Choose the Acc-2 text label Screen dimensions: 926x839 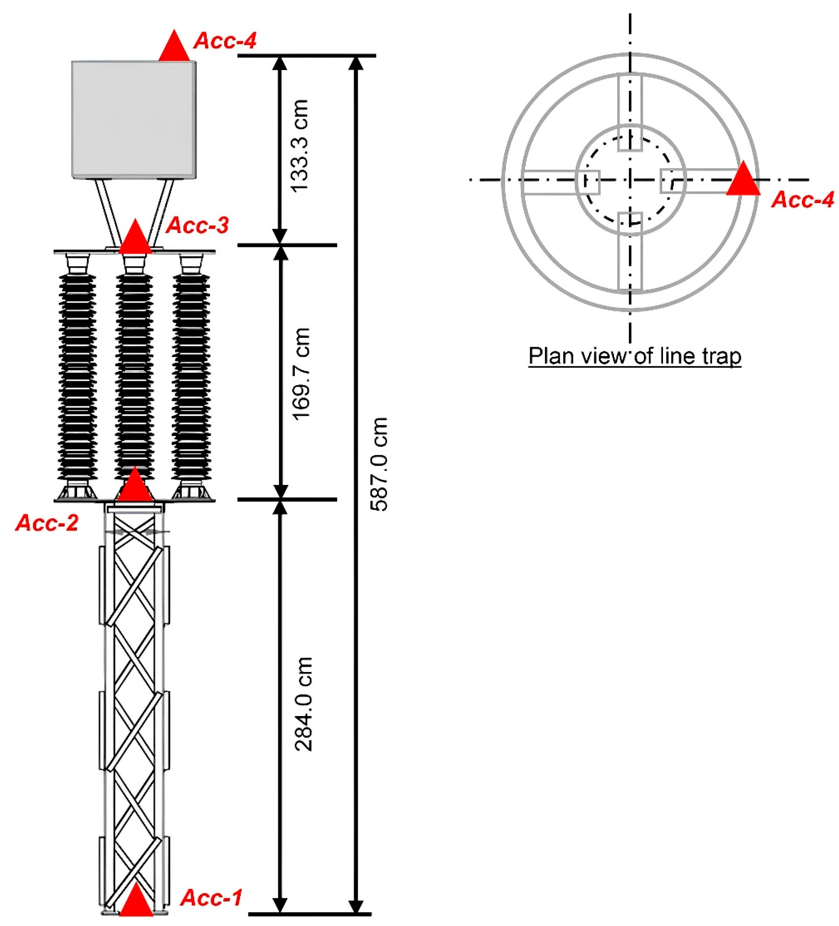tap(47, 523)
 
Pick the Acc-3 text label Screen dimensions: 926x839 tap(197, 225)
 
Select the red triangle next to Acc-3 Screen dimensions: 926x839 tap(135, 238)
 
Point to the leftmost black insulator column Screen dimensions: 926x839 tap(77, 377)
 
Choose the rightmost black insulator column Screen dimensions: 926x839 tap(191, 377)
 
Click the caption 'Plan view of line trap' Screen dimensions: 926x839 tap(635, 356)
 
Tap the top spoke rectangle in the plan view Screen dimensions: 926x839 tap(629, 112)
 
